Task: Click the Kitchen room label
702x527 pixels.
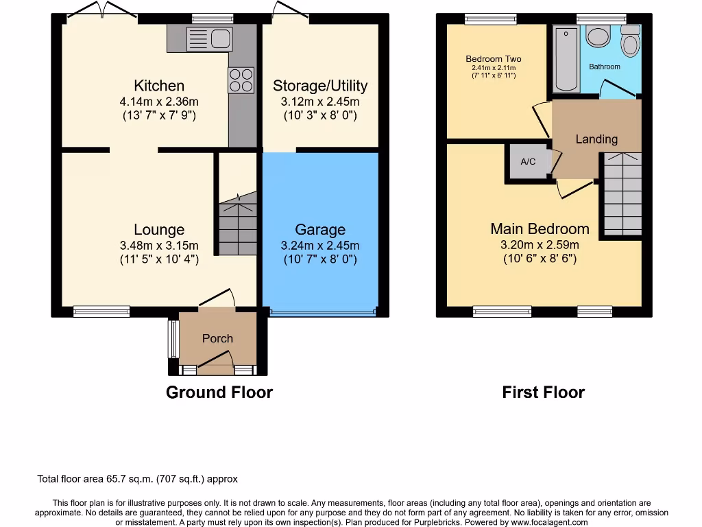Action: [158, 86]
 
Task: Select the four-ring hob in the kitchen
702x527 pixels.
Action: [241, 80]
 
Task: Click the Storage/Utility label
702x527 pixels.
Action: [320, 86]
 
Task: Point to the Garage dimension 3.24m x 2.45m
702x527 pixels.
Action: [320, 245]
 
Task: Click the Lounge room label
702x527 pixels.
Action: [159, 230]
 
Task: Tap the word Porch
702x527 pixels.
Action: [217, 338]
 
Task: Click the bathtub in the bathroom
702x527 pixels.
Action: [566, 59]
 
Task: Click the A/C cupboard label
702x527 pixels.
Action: [528, 162]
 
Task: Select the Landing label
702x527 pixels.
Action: [596, 139]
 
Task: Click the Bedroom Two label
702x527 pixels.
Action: [494, 59]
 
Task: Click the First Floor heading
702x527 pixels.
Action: [543, 393]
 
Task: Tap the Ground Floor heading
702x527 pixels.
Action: [219, 393]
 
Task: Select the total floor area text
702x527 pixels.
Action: [137, 479]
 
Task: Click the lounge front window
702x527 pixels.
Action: [101, 312]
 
